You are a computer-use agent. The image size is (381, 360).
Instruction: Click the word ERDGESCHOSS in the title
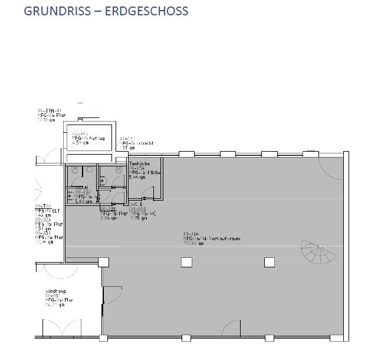(146, 11)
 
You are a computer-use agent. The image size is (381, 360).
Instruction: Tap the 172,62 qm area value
(193, 243)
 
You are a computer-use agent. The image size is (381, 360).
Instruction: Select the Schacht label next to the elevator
(130, 143)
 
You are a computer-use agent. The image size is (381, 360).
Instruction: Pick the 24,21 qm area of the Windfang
(54, 305)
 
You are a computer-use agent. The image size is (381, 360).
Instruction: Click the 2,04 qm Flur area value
(109, 218)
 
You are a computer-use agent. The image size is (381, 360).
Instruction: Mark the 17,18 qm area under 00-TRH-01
(45, 119)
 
